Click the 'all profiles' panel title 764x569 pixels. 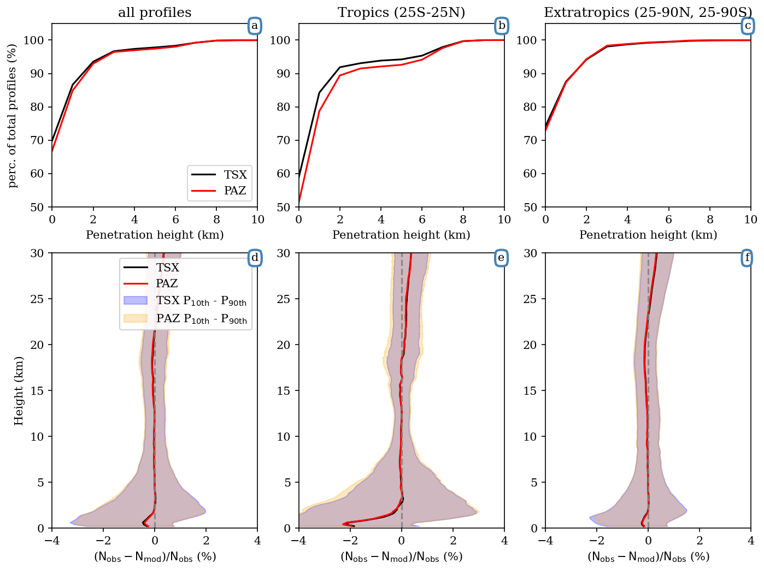155,13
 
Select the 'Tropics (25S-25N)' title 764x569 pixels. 401,13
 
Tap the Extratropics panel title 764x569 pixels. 648,13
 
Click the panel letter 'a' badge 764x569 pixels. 254,26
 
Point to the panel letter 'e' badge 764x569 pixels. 501,258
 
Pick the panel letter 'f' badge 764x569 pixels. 747,258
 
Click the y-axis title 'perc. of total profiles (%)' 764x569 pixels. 13,115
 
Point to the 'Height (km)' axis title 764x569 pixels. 19,390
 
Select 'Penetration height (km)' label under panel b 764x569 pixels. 401,235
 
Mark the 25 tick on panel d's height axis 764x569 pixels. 40,299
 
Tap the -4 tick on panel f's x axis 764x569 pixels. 545,541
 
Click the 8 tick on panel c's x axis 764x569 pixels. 710,220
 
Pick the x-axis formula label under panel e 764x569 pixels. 401,557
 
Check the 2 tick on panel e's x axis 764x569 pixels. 453,541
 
